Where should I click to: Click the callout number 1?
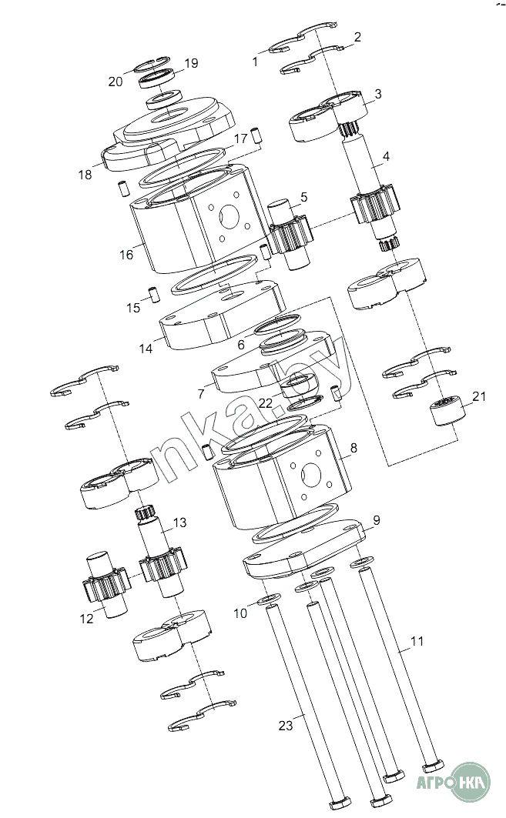(x=255, y=62)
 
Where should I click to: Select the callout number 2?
(x=357, y=37)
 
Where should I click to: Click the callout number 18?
(x=85, y=175)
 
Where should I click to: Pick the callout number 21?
(x=479, y=397)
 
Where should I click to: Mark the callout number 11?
(x=417, y=640)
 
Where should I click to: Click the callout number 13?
(x=179, y=523)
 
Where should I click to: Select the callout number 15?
(x=134, y=308)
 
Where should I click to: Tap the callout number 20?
(x=116, y=82)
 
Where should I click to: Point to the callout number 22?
(x=265, y=402)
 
